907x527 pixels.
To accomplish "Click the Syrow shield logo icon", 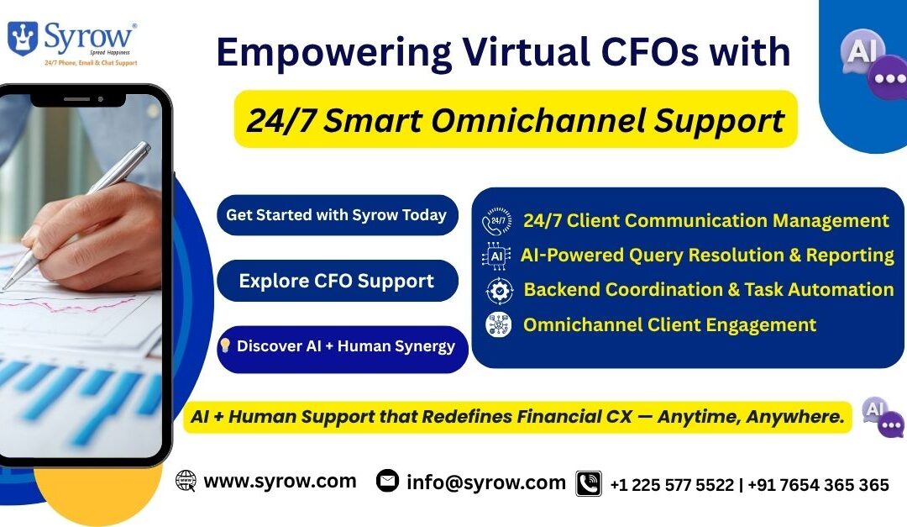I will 22,38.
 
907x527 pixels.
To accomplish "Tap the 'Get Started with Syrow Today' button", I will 337,215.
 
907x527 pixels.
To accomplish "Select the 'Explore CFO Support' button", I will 337,281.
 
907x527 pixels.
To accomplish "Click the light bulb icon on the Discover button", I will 225,345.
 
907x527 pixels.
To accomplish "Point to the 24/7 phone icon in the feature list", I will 497,221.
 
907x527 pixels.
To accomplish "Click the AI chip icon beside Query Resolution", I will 497,256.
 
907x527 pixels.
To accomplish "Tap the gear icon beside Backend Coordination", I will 499,290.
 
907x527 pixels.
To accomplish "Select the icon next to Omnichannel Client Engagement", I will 498,324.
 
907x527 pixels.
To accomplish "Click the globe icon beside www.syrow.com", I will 186,481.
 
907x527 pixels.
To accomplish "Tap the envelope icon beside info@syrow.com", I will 387,481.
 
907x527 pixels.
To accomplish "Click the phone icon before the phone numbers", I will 589,483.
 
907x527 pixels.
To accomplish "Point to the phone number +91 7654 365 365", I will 819,485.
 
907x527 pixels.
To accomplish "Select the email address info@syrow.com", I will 486,482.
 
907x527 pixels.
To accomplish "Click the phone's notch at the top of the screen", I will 77,98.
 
